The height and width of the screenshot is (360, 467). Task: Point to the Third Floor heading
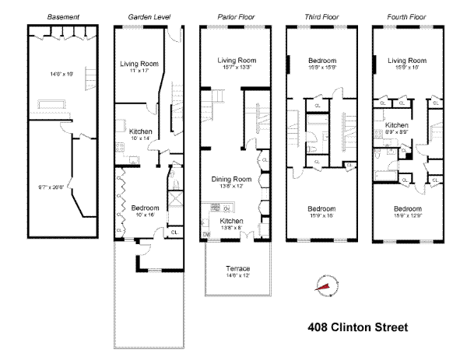coord(321,16)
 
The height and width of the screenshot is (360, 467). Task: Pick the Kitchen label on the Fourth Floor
coord(396,124)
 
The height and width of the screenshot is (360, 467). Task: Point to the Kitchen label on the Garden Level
coord(141,131)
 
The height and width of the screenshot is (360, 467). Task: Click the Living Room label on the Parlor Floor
coord(237,60)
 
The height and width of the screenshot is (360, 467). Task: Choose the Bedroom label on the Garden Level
coord(145,208)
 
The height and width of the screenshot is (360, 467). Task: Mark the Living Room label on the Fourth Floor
coord(408,61)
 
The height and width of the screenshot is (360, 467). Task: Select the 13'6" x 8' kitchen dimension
coord(231,228)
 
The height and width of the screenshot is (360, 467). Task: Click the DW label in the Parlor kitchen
coord(206,234)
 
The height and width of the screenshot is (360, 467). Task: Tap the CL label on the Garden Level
coord(174,231)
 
